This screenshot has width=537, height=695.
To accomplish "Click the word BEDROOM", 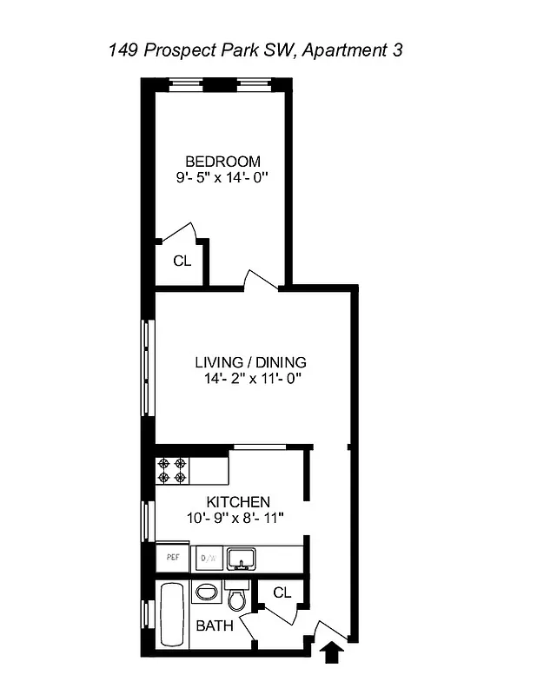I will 223,162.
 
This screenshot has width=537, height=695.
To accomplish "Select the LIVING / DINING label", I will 250,362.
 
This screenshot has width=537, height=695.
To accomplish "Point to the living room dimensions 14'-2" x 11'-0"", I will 250,379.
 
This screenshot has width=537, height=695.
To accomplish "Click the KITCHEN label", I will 237,502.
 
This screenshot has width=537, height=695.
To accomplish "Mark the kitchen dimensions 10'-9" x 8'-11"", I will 236,518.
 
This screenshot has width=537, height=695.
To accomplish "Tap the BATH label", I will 214,625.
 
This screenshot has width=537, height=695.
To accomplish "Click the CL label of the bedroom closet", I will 182,261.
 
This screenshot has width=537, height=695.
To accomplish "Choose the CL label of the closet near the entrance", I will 282,592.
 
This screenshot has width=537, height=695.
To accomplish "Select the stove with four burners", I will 172,471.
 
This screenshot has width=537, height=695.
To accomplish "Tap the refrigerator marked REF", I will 171,558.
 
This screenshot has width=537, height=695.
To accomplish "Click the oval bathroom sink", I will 207,592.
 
